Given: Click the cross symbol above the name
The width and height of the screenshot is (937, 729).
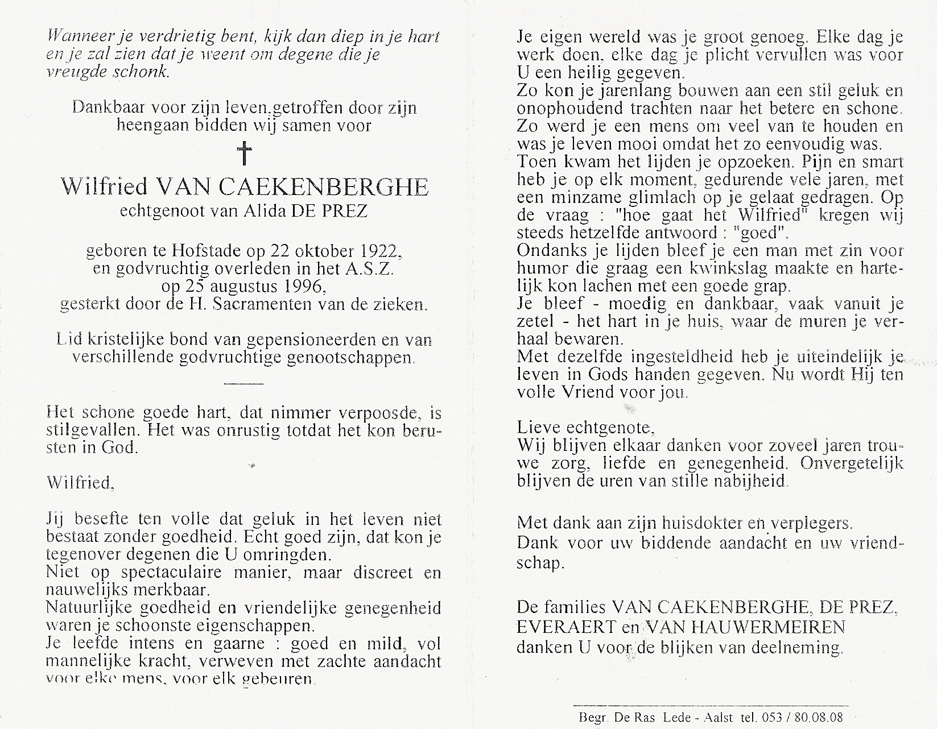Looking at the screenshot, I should pos(244,154).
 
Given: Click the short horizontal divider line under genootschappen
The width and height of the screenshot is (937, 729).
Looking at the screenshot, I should pos(244,383).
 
